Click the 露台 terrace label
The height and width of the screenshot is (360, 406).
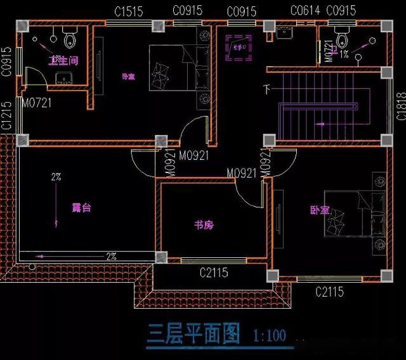pyautogui.click(x=81, y=207)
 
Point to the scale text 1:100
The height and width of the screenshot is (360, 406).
pyautogui.click(x=269, y=335)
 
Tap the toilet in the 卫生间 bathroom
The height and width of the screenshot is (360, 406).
pyautogui.click(x=70, y=39)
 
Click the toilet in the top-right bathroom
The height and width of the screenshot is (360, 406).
pyautogui.click(x=343, y=41)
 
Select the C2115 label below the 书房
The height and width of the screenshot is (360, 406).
pyautogui.click(x=214, y=273)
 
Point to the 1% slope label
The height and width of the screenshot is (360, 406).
pyautogui.click(x=343, y=55)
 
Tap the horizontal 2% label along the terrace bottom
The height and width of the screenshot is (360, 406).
pyautogui.click(x=111, y=257)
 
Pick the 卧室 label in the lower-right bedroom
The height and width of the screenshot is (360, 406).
pyautogui.click(x=320, y=209)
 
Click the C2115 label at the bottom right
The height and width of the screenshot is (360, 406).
pyautogui.click(x=329, y=292)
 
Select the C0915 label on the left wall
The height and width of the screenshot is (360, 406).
pyautogui.click(x=6, y=62)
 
